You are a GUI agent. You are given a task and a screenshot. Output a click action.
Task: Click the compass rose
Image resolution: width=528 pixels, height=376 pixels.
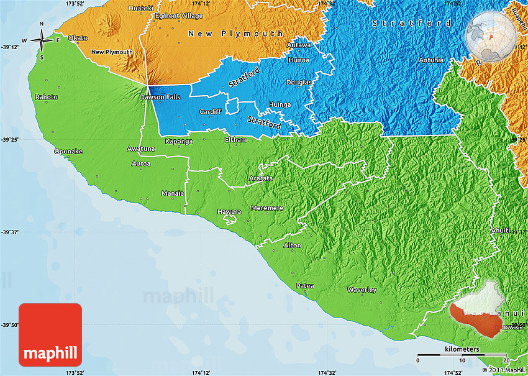(42, 41)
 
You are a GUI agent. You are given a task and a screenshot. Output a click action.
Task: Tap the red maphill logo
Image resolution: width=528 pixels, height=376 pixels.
(50, 335)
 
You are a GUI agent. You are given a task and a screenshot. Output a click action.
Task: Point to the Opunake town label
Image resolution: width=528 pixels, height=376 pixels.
(68, 151)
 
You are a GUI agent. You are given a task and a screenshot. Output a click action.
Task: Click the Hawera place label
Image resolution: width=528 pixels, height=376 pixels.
(229, 212)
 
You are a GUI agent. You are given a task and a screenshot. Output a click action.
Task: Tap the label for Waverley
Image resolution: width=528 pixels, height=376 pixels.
(362, 290)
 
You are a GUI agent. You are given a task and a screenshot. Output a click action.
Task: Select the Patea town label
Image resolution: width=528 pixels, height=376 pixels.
(304, 286)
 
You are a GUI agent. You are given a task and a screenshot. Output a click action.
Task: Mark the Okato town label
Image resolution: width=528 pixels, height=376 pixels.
(77, 38)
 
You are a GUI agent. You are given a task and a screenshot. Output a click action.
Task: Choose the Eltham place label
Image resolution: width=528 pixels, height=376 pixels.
(235, 140)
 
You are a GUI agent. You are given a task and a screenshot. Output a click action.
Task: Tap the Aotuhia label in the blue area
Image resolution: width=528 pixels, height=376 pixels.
(430, 60)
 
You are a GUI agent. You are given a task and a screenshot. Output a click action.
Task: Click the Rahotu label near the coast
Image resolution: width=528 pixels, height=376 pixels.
(47, 97)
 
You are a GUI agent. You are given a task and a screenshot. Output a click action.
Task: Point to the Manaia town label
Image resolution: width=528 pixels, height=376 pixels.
(172, 193)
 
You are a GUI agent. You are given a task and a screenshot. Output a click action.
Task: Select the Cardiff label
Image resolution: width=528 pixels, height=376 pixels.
(210, 112)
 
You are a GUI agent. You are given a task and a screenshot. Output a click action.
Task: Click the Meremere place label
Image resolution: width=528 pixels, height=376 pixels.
(266, 208)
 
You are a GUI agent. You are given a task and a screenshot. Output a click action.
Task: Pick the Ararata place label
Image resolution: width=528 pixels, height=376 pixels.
(260, 178)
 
